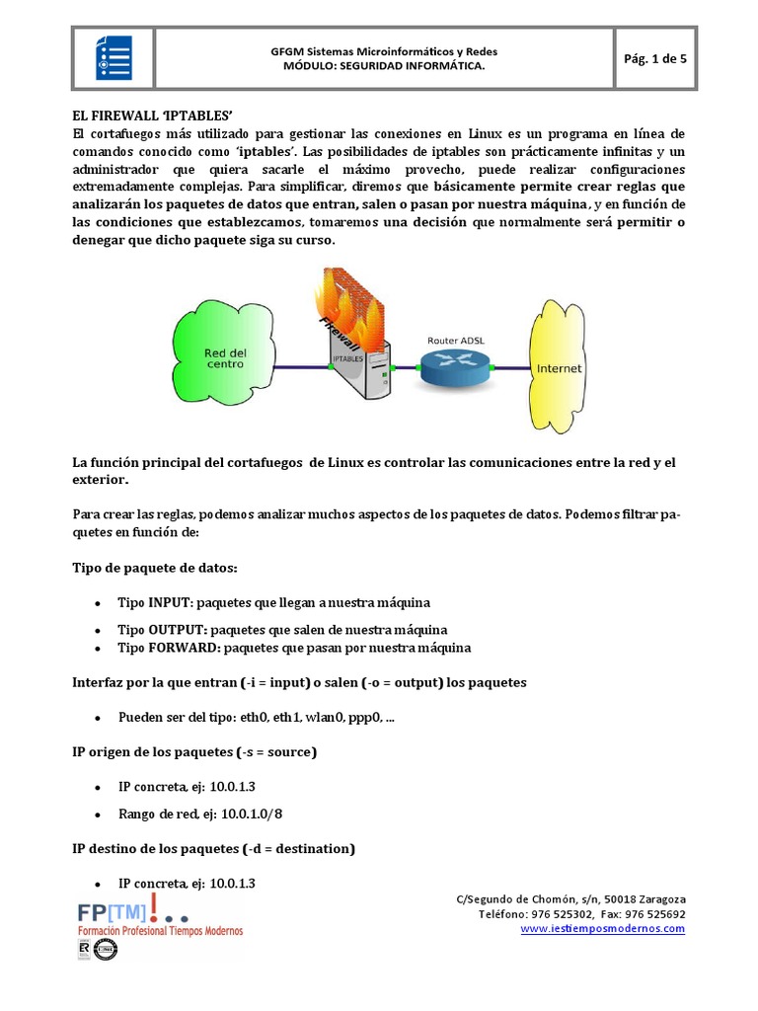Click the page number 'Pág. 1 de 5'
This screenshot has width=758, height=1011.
coord(655,58)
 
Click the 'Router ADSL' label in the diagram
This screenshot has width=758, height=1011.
coord(456,341)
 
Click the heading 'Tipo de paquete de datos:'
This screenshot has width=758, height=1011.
coord(155,568)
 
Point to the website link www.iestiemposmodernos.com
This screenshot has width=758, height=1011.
coord(602,928)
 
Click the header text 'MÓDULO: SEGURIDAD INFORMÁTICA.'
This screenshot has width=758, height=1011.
coord(384,66)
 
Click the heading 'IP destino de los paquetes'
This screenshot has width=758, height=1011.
coord(214,848)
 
